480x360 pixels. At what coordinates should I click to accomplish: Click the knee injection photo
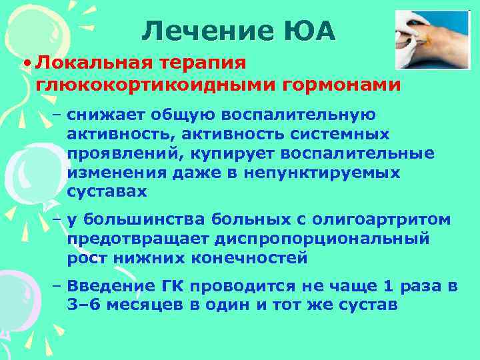[x=433, y=39]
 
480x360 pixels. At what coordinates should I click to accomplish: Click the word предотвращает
[x=136, y=239]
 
